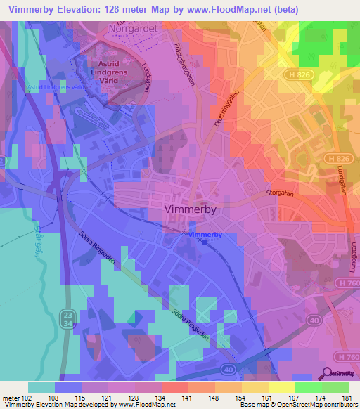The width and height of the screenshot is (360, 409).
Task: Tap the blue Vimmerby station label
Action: point(205,233)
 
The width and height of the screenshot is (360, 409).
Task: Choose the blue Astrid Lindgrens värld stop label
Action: point(54,87)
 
